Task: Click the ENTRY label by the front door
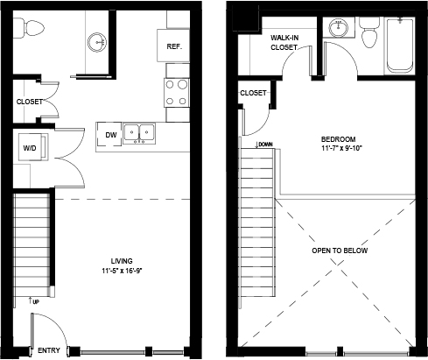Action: [49, 350]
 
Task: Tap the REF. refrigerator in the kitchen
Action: [173, 46]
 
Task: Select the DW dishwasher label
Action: [111, 135]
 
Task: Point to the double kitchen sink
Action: [139, 133]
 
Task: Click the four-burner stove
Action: [177, 93]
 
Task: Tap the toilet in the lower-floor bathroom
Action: [29, 28]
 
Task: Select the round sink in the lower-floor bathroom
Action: [97, 42]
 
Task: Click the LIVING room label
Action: [122, 261]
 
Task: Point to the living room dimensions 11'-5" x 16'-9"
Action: [122, 271]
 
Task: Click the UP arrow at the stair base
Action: [30, 300]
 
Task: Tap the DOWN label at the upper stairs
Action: [265, 145]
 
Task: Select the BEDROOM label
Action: [339, 139]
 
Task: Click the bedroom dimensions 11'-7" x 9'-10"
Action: [341, 148]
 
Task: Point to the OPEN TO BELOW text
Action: [340, 251]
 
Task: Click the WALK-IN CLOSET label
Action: [284, 42]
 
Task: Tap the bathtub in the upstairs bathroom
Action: [400, 46]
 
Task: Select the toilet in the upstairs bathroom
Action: [369, 32]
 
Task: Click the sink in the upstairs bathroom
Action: [339, 28]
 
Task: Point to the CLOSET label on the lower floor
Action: [30, 102]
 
